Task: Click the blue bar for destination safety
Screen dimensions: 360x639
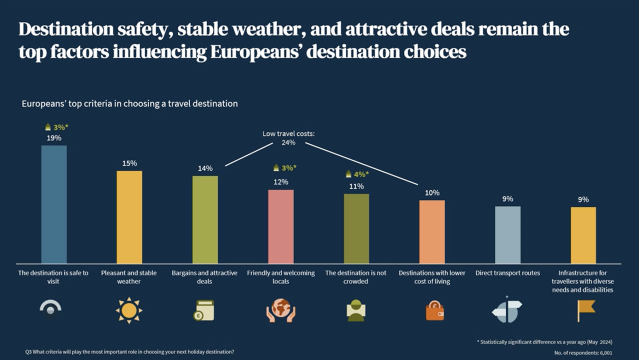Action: coord(54,205)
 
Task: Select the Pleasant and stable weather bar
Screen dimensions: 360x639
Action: coord(129,217)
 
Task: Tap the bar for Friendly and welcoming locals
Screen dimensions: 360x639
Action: coord(281,227)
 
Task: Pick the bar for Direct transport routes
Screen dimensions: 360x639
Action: coord(508,235)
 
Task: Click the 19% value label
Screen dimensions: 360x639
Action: coord(54,138)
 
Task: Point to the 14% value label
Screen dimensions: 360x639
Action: coord(205,168)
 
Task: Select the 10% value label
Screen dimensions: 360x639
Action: coord(432,193)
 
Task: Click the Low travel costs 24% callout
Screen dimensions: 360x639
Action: coord(289,138)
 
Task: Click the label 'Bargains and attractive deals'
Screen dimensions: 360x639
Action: coord(205,277)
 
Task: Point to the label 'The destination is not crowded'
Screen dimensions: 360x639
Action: coord(356,277)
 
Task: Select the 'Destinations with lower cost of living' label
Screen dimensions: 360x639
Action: coord(432,277)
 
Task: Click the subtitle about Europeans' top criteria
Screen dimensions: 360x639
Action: coord(130,104)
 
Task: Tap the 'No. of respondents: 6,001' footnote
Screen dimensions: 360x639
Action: coord(584,353)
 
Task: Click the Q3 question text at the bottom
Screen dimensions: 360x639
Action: coord(130,352)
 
